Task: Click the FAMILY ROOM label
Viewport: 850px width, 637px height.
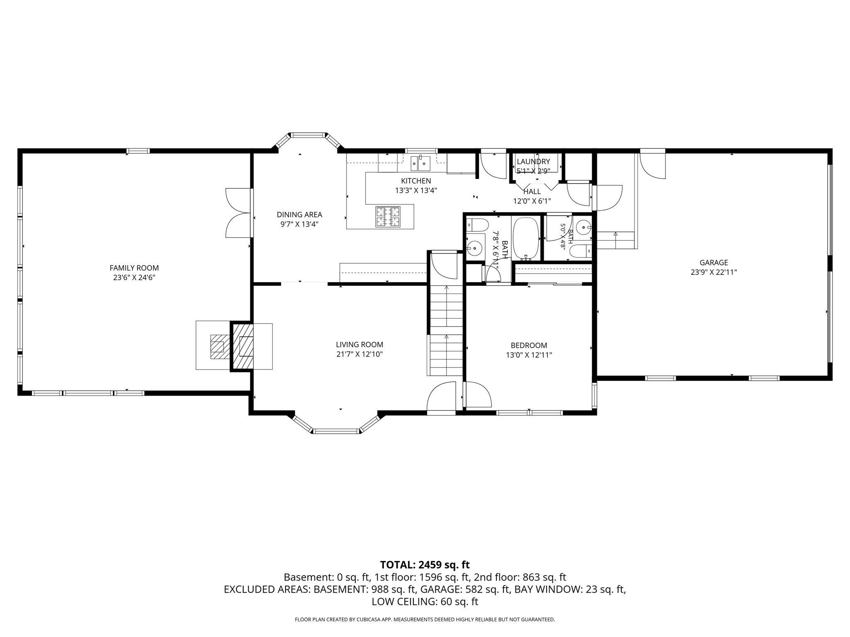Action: [x=134, y=268]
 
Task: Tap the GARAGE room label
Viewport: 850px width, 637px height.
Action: [x=714, y=263]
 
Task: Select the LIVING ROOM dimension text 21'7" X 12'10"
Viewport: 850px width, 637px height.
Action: [x=359, y=354]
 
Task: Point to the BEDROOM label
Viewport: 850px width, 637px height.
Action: [x=529, y=345]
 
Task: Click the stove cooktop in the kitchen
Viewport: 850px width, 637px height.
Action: [x=388, y=216]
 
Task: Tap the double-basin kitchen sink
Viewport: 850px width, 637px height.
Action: [x=420, y=163]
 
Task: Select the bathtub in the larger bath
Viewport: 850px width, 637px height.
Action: [x=526, y=239]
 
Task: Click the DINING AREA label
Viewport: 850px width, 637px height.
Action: [x=299, y=214]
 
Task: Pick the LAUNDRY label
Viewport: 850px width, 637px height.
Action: [x=533, y=161]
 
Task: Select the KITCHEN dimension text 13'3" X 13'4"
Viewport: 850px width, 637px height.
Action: [x=416, y=191]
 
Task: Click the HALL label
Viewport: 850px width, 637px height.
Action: [x=532, y=192]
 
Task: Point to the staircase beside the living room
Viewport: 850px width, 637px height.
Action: [x=446, y=330]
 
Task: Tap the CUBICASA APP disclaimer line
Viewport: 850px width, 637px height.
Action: [x=425, y=620]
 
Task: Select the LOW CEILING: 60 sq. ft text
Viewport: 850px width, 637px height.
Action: [x=425, y=602]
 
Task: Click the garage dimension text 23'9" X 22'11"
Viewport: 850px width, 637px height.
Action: [x=714, y=272]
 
